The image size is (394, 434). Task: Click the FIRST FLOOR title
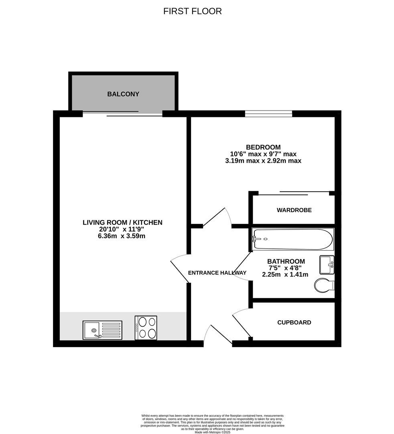(x=192, y=11)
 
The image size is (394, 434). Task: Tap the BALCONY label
(x=123, y=94)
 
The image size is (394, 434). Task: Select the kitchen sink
(x=102, y=330)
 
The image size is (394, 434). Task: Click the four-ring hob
(x=146, y=328)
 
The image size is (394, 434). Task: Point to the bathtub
(x=292, y=239)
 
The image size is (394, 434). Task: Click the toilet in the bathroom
(x=324, y=285)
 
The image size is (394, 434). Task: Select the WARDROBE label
(x=294, y=210)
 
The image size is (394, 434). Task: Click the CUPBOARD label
(x=294, y=322)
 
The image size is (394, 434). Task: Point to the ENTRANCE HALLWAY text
(x=217, y=273)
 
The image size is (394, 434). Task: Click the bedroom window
(x=268, y=114)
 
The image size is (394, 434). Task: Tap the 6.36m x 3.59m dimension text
(x=122, y=236)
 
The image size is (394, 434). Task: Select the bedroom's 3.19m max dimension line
(x=263, y=161)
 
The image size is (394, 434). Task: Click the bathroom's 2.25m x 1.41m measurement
(x=285, y=275)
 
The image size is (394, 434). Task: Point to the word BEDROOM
(x=263, y=147)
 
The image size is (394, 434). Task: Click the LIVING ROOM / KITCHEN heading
(x=122, y=222)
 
